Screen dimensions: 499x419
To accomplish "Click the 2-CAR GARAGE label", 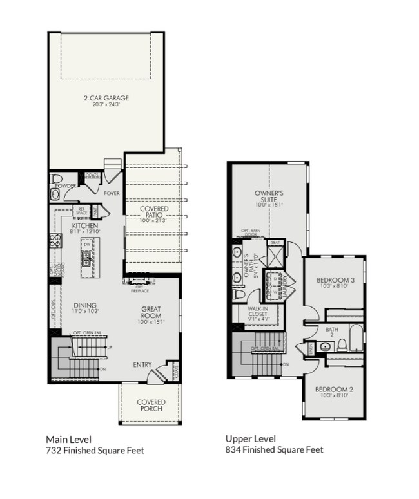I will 106,99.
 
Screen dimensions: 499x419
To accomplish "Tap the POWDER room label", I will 66,186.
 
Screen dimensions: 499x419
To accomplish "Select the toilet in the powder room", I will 56,178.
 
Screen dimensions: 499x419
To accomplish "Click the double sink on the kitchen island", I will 86,259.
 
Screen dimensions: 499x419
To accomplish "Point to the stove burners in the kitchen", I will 54,241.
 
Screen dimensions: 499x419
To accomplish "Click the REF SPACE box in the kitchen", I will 82,211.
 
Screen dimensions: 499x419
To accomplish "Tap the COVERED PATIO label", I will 154,209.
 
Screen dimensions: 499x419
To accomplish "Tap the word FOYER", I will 112,193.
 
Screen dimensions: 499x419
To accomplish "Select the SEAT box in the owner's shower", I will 275,243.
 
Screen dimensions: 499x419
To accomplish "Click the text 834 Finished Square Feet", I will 274,450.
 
